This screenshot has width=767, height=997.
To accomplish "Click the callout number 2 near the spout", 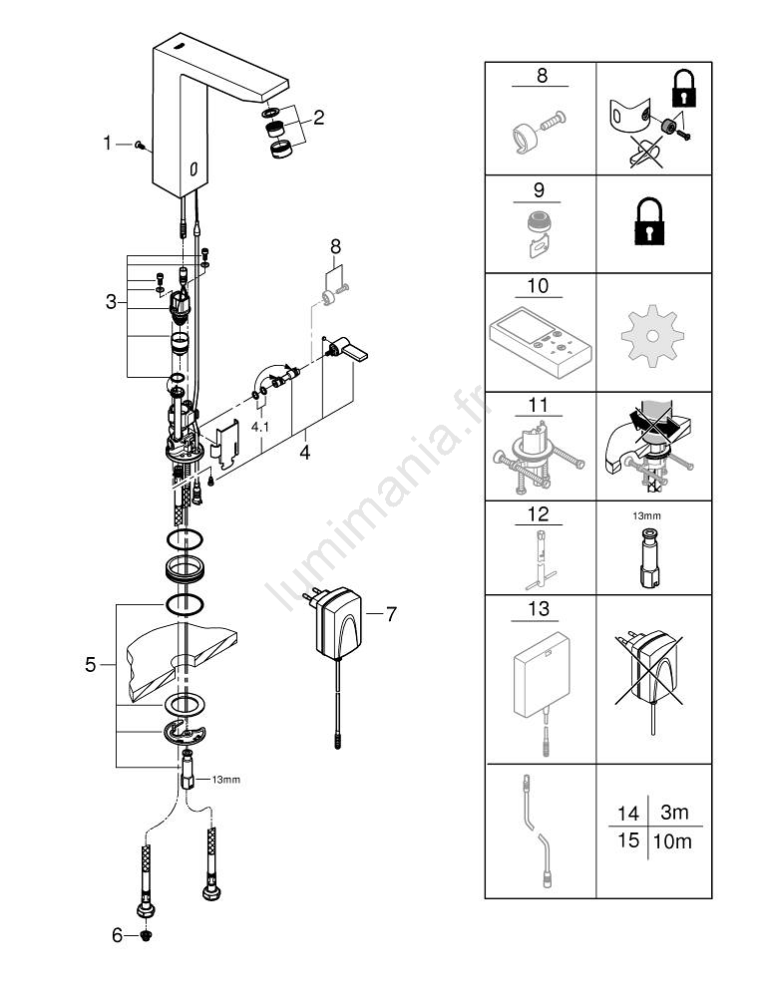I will [x=318, y=118].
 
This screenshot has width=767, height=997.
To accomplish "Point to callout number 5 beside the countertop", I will [x=91, y=665].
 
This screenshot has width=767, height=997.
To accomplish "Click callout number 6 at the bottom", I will [x=116, y=936].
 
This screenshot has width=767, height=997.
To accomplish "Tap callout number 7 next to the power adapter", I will [x=390, y=615].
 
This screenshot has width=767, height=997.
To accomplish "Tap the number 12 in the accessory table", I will [x=540, y=514].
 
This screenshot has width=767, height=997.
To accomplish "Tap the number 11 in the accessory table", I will [x=540, y=406].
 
